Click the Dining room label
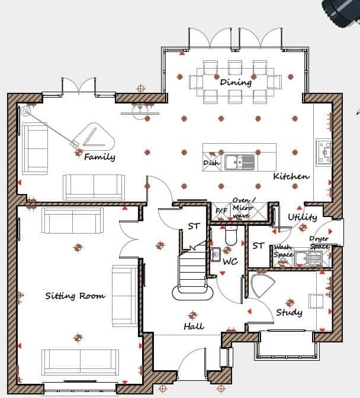[x=236, y=82]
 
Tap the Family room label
[x=99, y=157]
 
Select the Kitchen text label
[x=291, y=176]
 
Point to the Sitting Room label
[x=75, y=296]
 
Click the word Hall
[x=194, y=326]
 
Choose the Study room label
[x=289, y=312]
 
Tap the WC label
[x=230, y=261]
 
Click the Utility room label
[x=302, y=217]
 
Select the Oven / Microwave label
[x=243, y=208]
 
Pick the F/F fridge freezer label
[x=221, y=211]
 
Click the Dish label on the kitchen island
[x=211, y=163]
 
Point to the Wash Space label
[x=283, y=251]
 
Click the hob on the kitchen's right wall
[x=323, y=152]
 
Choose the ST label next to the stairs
[x=194, y=226]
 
